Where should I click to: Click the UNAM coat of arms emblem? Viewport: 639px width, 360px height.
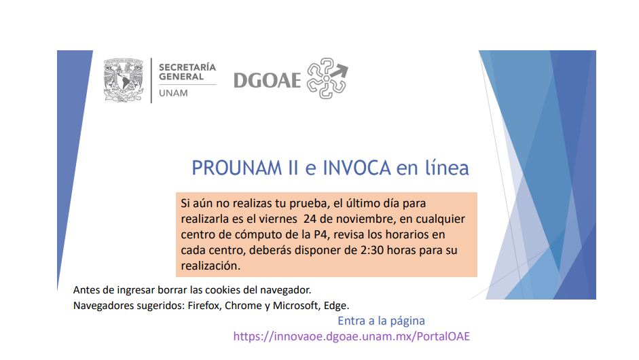(x=124, y=80)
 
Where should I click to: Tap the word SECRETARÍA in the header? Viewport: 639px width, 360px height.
(x=187, y=67)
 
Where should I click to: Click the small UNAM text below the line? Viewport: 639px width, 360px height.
(x=173, y=93)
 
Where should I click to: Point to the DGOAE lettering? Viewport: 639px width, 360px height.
(x=268, y=80)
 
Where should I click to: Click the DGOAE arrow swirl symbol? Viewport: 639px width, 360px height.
(x=327, y=78)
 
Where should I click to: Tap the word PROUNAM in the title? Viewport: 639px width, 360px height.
(x=237, y=168)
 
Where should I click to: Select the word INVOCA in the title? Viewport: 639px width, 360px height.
(x=357, y=168)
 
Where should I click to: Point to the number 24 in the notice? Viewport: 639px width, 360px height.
(x=310, y=219)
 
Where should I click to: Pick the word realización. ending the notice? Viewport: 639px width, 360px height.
(x=211, y=266)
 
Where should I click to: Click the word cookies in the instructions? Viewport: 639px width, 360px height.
(x=223, y=290)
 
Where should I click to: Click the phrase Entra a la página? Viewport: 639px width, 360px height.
(x=381, y=321)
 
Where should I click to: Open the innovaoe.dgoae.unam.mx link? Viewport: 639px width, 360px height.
(x=351, y=336)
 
